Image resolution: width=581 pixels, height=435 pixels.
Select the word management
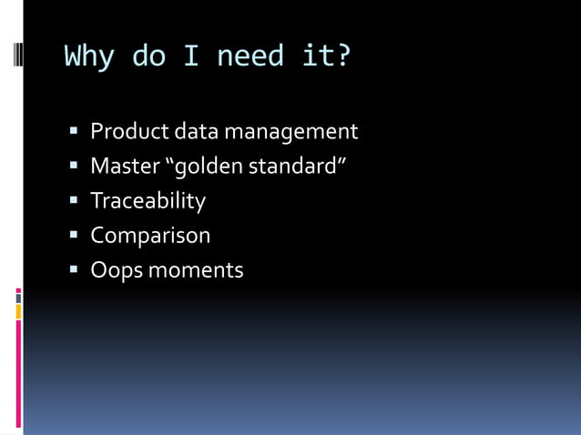(291, 132)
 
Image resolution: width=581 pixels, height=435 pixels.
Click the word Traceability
(148, 201)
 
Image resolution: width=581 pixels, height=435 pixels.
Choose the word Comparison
(150, 236)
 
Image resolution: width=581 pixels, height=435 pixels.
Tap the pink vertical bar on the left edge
(18, 373)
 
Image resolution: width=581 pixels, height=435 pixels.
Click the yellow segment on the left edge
(18, 312)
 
